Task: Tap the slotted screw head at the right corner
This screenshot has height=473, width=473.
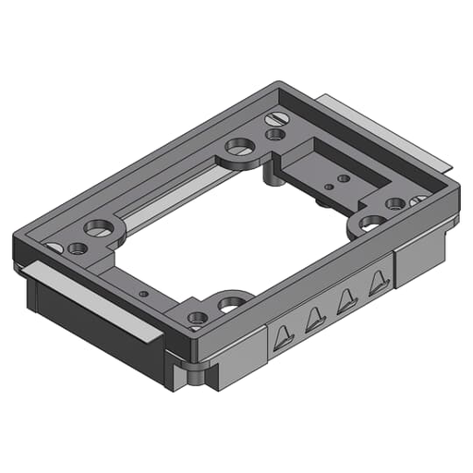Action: point(418,200)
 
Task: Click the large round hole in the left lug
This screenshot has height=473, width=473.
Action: point(97,226)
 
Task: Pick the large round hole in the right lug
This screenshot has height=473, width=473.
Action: point(371,223)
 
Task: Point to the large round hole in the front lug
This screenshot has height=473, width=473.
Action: point(230,302)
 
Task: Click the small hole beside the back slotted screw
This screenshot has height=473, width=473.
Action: point(274,135)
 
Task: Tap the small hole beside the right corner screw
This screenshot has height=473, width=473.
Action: point(395,203)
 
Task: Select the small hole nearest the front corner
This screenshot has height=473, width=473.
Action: point(197,318)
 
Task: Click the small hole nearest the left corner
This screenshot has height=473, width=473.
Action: point(77,248)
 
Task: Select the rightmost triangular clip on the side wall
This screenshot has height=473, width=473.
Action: point(376,284)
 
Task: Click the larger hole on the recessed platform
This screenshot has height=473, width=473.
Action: point(343,177)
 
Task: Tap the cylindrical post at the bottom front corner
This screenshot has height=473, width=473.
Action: point(195,375)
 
